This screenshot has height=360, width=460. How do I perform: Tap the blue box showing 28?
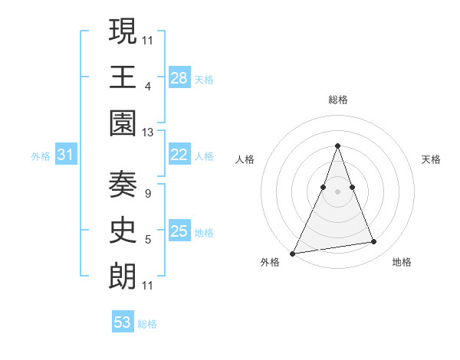click(x=179, y=77)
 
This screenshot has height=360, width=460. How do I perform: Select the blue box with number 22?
click(x=179, y=155)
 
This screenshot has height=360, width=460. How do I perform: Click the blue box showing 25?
click(x=179, y=231)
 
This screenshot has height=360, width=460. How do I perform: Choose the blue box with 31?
click(x=66, y=155)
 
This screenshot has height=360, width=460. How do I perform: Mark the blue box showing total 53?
click(x=123, y=322)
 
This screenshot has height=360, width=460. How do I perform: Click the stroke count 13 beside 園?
click(x=148, y=133)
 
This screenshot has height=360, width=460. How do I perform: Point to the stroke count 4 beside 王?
click(x=147, y=87)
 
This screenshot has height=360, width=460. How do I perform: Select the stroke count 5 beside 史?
click(x=147, y=240)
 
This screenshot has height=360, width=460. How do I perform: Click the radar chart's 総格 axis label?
click(x=337, y=100)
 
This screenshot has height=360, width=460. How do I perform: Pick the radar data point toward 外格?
click(x=293, y=254)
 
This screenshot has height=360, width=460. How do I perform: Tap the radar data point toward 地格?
click(x=374, y=242)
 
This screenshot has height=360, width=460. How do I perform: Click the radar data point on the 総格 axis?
click(x=337, y=146)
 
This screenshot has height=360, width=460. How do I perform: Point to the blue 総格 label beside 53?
click(x=147, y=324)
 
